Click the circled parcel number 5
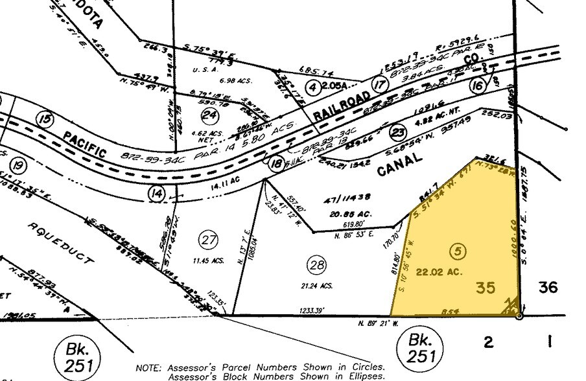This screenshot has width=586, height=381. [459, 250]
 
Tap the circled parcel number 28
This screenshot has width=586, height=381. [316, 264]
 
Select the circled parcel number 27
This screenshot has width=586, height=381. [208, 240]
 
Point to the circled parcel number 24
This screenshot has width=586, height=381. [209, 115]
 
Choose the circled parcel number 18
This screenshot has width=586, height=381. [277, 164]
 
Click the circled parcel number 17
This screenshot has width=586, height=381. [379, 84]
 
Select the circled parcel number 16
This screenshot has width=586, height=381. [479, 86]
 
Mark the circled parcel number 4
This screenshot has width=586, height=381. [313, 86]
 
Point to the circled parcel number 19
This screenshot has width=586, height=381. [19, 167]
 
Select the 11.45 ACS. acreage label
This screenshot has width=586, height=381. [209, 260]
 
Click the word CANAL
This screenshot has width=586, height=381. [399, 163]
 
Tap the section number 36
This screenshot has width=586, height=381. [548, 287]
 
